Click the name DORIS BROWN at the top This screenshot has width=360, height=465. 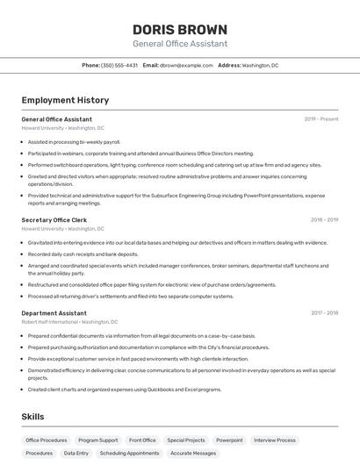click(179, 29)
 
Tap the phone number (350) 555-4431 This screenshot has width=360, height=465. click(119, 65)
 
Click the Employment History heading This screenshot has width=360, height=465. click(65, 100)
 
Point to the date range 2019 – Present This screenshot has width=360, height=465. click(321, 119)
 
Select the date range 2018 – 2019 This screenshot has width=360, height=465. click(324, 220)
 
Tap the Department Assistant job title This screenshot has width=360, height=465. click(54, 313)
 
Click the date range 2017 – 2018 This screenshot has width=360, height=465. click(324, 313)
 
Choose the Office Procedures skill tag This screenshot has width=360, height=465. click(47, 440)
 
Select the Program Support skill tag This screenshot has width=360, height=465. click(97, 440)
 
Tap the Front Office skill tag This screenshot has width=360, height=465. click(142, 440)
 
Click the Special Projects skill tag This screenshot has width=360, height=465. click(186, 440)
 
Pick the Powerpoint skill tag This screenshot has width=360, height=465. click(230, 440)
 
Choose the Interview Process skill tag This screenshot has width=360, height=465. click(276, 440)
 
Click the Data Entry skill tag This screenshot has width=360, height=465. click(76, 454)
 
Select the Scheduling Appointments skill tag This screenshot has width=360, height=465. click(130, 454)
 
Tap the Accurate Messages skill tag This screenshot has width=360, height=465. click(193, 454)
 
